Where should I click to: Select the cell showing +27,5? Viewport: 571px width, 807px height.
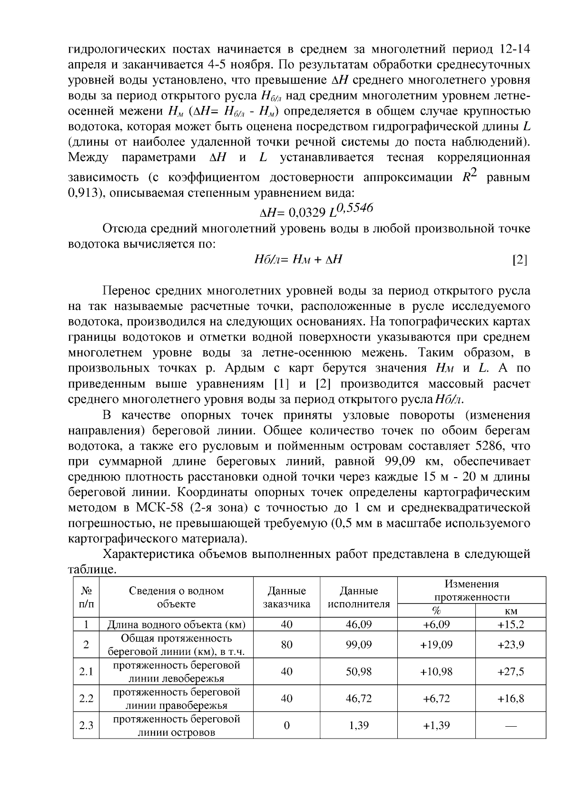point(510,672)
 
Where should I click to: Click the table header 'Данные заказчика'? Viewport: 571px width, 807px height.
point(286,597)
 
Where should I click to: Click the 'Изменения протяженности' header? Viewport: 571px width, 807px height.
point(471,590)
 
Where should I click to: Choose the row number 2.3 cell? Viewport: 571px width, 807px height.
point(86,725)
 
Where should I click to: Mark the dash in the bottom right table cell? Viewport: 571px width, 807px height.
point(510,726)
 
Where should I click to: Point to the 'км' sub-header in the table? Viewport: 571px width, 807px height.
point(510,611)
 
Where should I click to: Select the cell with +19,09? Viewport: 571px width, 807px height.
point(436,645)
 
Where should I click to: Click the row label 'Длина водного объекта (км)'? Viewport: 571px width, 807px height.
point(176,624)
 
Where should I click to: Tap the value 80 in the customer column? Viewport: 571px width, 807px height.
point(286,645)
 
